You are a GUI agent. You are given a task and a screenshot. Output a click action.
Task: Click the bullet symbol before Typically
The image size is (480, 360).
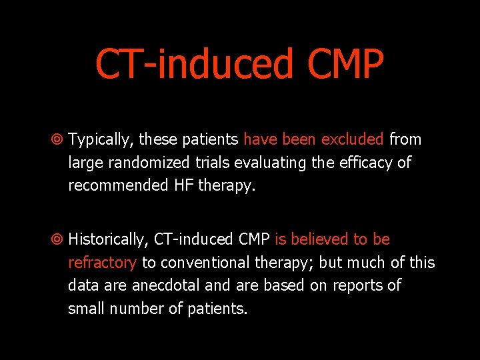click(x=57, y=140)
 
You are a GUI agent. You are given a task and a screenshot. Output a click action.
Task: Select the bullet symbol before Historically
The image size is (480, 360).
click(x=57, y=239)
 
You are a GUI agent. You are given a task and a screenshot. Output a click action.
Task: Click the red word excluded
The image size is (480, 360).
click(x=352, y=139)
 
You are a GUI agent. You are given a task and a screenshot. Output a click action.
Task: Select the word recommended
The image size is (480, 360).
click(x=117, y=185)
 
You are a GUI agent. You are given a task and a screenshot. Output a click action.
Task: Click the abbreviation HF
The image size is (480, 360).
click(x=183, y=185)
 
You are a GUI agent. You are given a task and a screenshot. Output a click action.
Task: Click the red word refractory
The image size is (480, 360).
click(x=102, y=263)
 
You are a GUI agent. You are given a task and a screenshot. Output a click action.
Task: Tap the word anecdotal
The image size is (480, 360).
click(x=167, y=285)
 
